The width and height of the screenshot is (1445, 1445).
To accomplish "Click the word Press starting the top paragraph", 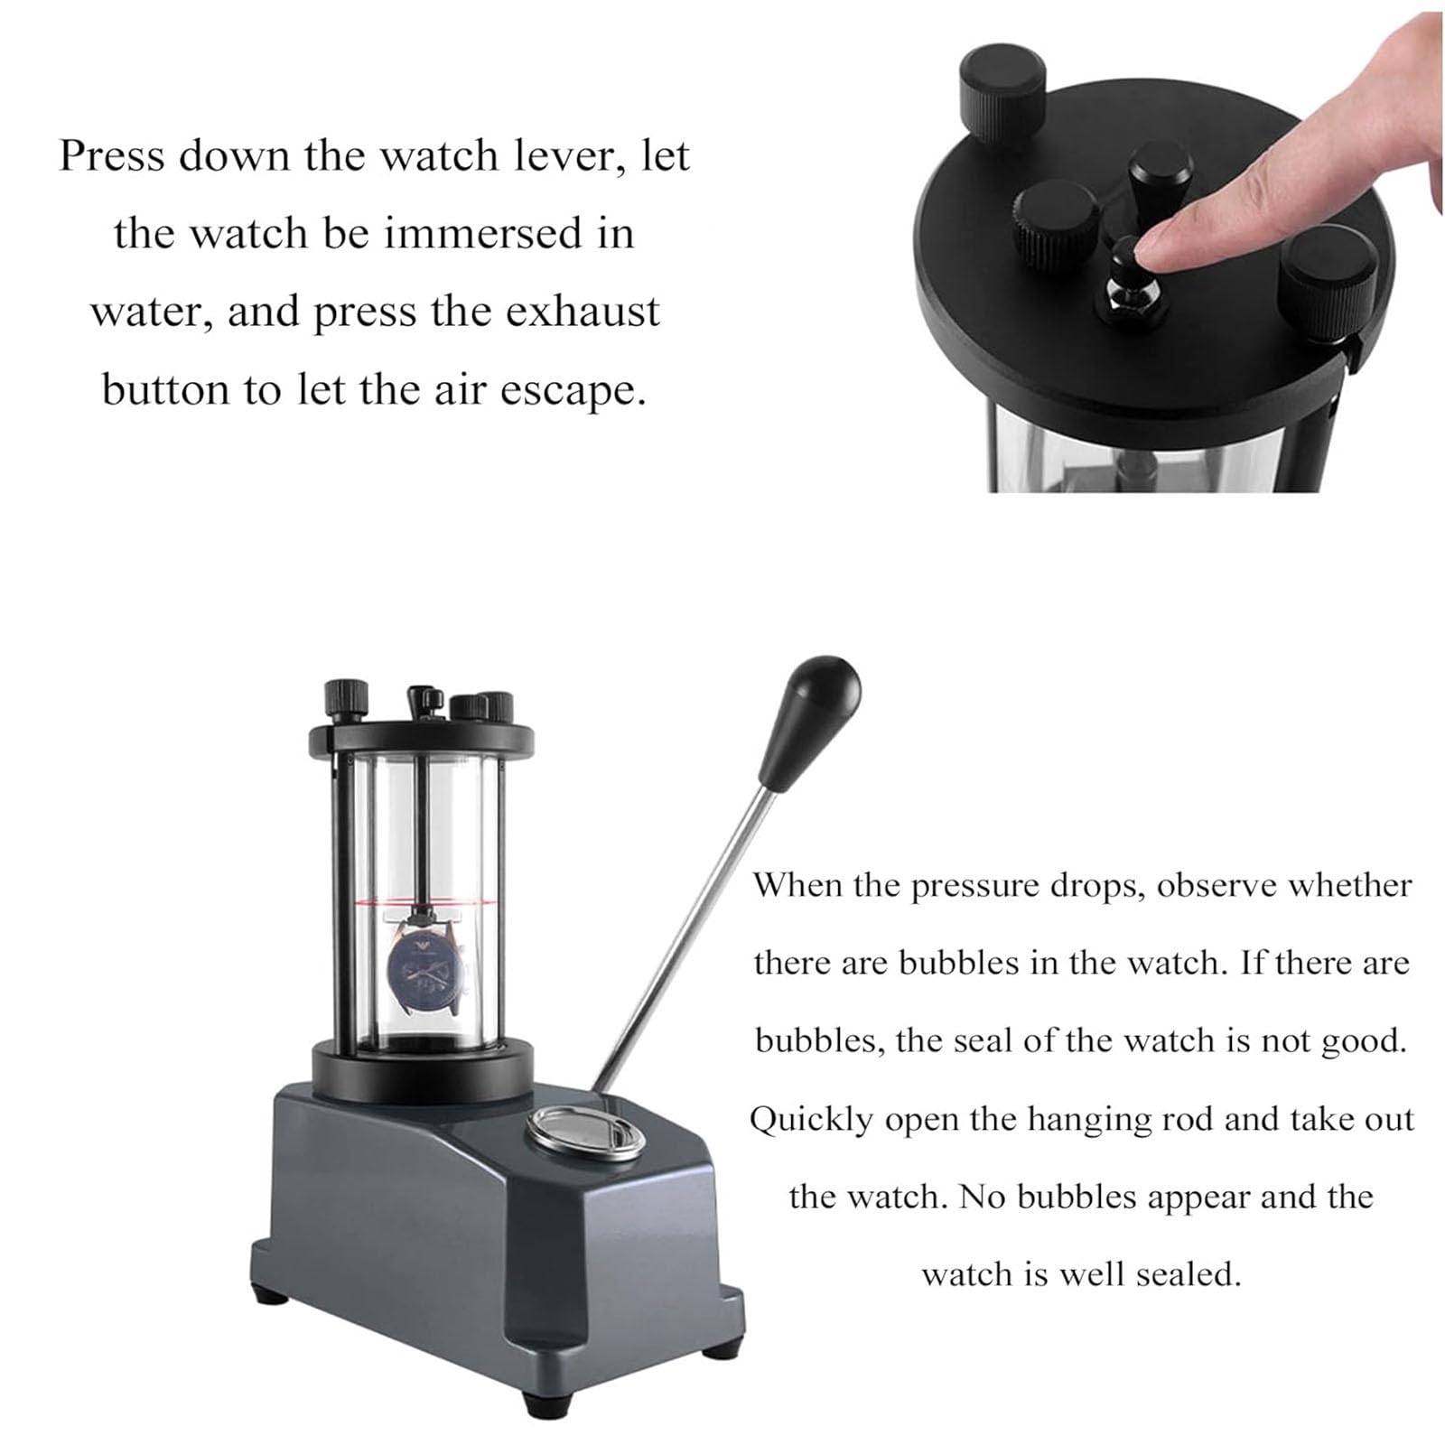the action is (x=112, y=155).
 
